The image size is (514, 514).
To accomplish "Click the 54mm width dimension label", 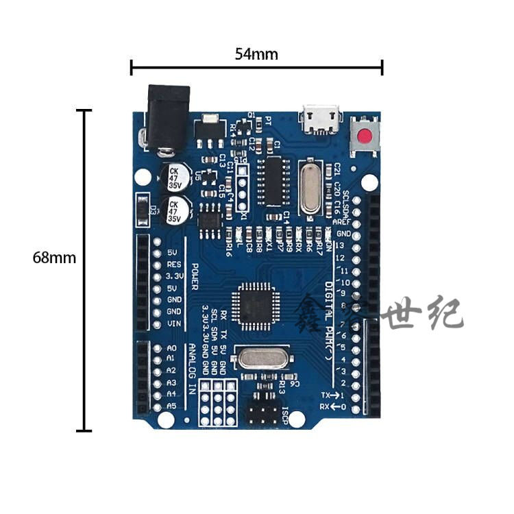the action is coord(256,54).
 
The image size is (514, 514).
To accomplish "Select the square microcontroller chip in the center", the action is coord(252,302).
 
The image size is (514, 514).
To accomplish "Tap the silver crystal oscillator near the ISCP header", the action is coord(262,358).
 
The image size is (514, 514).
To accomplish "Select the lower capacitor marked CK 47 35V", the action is coord(175,210).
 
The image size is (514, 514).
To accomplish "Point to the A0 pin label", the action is coord(171,347).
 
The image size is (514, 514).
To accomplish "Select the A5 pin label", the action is coord(171,406).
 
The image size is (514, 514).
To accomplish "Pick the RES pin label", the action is coord(174,264).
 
